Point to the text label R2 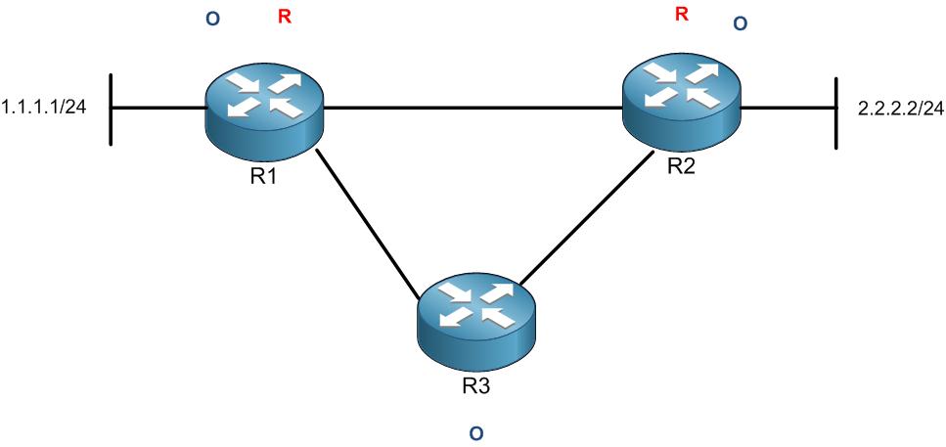681,165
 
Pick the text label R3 476,384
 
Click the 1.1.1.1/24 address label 45,107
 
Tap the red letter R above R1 284,18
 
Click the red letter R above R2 682,14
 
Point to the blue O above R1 213,20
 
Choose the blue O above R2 740,23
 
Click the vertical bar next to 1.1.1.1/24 112,109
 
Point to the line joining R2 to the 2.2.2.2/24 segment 788,108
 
